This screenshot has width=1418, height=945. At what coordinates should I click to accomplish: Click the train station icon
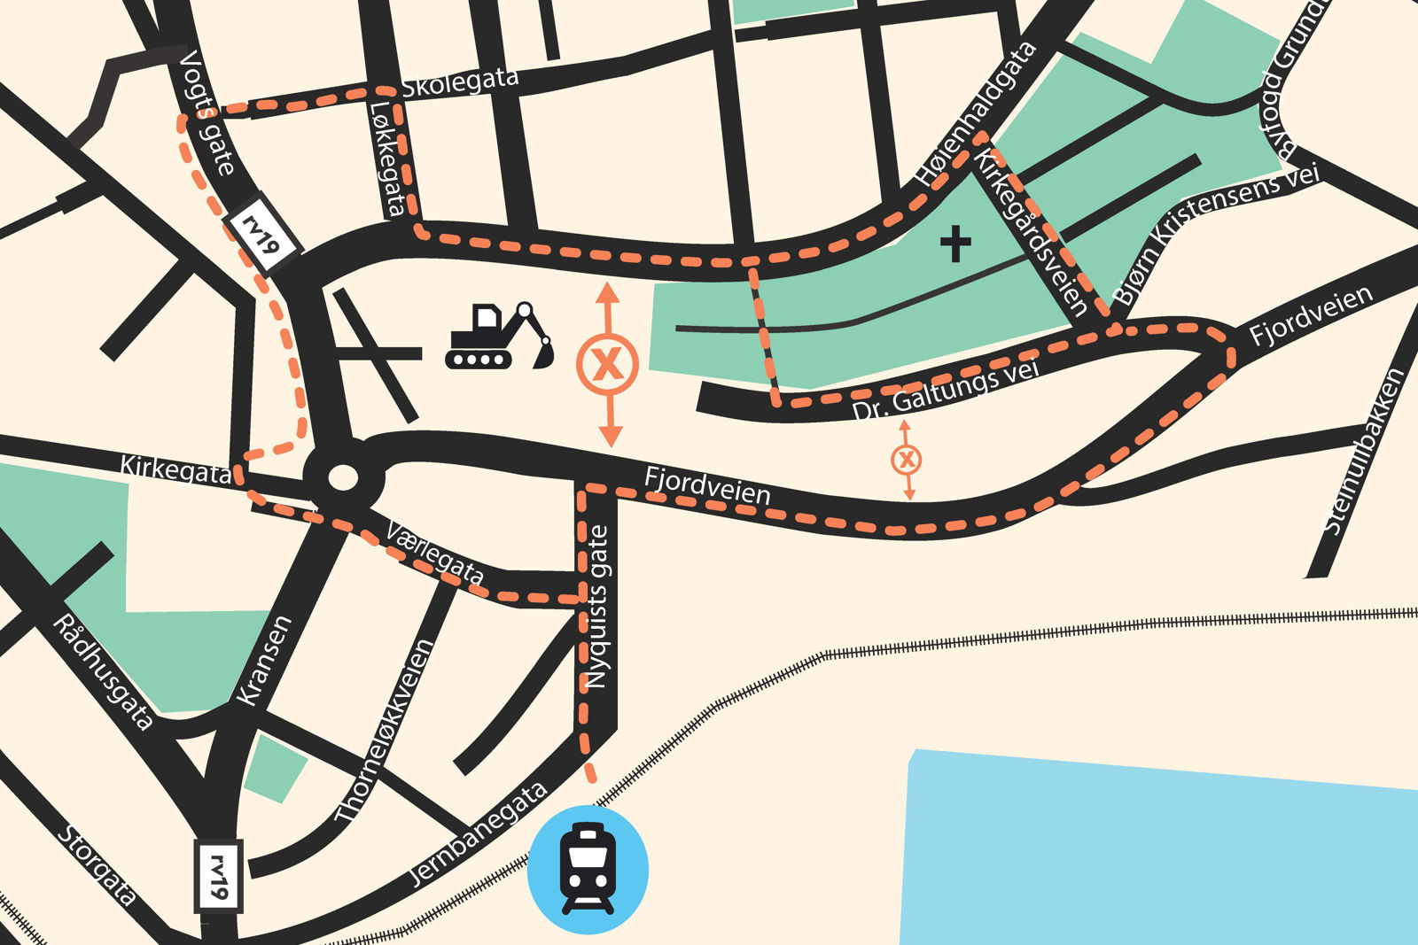[588, 869]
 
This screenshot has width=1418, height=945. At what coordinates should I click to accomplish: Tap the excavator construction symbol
[500, 337]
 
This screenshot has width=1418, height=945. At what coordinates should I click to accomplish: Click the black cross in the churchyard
[955, 243]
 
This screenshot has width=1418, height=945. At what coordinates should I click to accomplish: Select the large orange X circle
[607, 364]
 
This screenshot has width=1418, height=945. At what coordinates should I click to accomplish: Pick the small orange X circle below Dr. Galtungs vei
[906, 460]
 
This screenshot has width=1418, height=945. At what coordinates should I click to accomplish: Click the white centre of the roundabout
[343, 478]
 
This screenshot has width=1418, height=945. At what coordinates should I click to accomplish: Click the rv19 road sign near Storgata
[218, 875]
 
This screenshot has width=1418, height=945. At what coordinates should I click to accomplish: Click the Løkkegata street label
[387, 159]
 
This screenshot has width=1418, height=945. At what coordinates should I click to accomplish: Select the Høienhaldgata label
[977, 114]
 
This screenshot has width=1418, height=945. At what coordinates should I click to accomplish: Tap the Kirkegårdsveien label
[1032, 232]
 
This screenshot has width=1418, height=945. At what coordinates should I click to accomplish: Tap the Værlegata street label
[435, 554]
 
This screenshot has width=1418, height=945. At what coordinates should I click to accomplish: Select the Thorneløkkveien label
[385, 730]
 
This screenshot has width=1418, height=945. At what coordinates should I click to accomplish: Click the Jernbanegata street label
[478, 833]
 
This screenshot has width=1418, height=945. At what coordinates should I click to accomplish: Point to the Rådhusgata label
[103, 672]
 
